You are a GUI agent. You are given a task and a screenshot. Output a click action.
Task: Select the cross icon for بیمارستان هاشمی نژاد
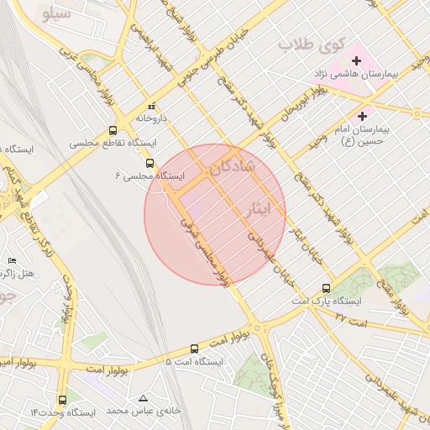tap(357, 60)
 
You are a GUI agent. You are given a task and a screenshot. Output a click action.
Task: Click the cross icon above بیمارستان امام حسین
tap(363, 116)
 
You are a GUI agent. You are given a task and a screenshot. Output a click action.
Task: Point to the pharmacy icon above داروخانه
tap(151, 107)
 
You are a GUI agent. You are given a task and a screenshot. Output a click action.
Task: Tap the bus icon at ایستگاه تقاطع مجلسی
tap(113, 131)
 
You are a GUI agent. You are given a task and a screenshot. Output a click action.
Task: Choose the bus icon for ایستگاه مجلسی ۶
tap(149, 164)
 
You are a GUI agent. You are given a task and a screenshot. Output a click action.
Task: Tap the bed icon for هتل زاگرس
tap(11, 261)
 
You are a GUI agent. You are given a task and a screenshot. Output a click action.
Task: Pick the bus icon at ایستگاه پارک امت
tap(326, 287)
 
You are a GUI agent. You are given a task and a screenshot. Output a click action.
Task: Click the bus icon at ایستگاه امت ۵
tap(195, 349)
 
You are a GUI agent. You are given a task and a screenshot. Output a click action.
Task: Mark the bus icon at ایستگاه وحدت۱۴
tap(63, 401)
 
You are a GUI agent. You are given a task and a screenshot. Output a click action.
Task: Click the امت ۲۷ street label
tap(351, 320)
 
